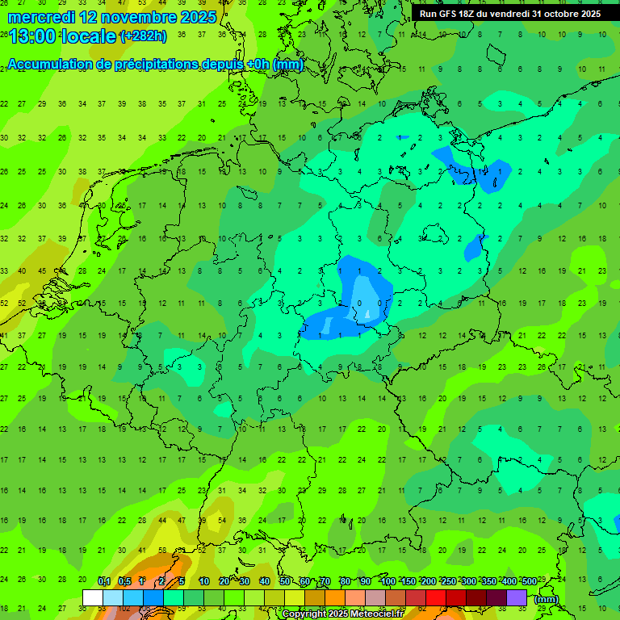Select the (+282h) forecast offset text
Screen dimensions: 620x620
pos(144,36)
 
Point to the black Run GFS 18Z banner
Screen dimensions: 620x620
pos(510,14)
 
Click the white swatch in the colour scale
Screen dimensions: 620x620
pos(93,598)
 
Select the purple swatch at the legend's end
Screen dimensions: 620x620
pos(517,598)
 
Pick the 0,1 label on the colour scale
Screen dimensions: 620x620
pos(104,582)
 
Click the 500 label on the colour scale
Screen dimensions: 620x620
pos(529,582)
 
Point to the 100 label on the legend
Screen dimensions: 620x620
pos(387,582)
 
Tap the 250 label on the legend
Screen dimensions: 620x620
pos(448,582)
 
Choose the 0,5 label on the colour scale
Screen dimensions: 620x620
pos(124,582)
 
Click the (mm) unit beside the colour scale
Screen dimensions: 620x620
pos(547,599)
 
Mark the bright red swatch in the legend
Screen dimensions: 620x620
pos(436,598)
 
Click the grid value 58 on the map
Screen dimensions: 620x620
pos(162,551)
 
